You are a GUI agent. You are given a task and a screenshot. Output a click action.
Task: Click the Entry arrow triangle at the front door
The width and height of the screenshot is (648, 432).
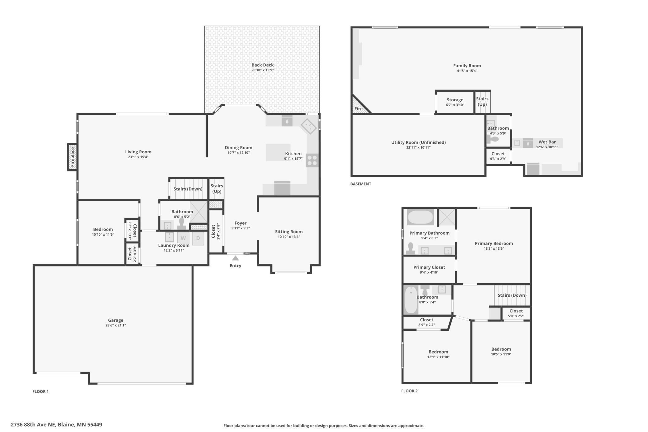pyautogui.click(x=236, y=258)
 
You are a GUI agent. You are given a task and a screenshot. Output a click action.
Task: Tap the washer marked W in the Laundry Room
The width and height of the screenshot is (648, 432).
pyautogui.click(x=183, y=238)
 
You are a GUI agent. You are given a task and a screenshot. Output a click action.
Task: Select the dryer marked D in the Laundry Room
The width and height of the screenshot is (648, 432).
pyautogui.click(x=198, y=238)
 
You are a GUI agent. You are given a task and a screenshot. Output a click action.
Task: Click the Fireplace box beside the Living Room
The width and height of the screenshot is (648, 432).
pyautogui.click(x=72, y=157)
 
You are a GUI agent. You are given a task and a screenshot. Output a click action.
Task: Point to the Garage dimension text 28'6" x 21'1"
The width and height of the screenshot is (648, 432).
pyautogui.click(x=116, y=325)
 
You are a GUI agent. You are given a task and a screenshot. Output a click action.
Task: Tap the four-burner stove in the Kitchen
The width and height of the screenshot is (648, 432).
pyautogui.click(x=312, y=161)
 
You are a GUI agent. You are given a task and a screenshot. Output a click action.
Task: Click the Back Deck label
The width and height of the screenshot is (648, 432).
pyautogui.click(x=263, y=65)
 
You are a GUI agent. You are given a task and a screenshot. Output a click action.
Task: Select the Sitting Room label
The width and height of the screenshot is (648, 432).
pyautogui.click(x=289, y=232)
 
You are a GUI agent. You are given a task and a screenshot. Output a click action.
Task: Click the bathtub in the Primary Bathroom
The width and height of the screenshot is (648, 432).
pyautogui.click(x=420, y=217)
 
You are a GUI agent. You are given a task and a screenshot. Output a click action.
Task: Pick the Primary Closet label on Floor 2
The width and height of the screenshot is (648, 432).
pyautogui.click(x=429, y=267)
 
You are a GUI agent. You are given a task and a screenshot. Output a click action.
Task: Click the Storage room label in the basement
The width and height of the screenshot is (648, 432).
pyautogui.click(x=455, y=100)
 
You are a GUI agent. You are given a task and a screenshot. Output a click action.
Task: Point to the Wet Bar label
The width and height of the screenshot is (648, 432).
pyautogui.click(x=547, y=142)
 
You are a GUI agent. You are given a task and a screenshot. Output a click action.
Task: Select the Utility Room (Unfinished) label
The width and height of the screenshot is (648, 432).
pyautogui.click(x=418, y=142)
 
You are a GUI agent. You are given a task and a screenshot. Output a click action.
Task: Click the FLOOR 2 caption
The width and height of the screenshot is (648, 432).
pyautogui.click(x=409, y=391)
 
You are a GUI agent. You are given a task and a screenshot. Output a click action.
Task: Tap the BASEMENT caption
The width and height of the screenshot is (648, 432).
pyautogui.click(x=361, y=184)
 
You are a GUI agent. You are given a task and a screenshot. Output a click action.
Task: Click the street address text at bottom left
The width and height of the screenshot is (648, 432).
pyautogui.click(x=56, y=425)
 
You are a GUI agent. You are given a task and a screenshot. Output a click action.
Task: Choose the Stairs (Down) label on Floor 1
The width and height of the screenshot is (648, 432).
pyautogui.click(x=188, y=189)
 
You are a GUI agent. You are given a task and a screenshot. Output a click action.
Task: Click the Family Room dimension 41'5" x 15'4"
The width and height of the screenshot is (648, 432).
pyautogui.click(x=467, y=71)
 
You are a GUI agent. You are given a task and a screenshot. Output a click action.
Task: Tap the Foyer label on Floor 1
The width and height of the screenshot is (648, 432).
pyautogui.click(x=241, y=223)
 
